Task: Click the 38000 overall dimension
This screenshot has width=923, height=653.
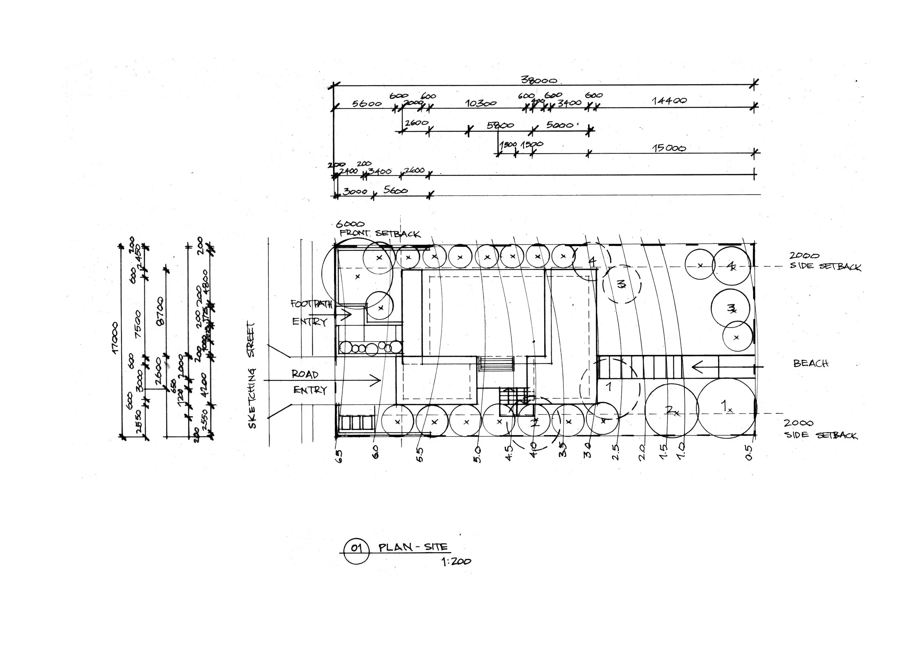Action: (538, 80)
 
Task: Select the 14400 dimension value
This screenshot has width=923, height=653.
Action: (669, 100)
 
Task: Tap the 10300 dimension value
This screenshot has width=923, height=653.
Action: (480, 103)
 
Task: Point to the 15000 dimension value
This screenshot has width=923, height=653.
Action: (669, 148)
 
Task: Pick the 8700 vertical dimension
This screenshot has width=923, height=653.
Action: (160, 311)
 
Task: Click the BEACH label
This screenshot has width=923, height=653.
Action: (810, 363)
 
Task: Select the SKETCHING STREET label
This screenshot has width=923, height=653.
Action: (252, 375)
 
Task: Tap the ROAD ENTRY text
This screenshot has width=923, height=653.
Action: (308, 382)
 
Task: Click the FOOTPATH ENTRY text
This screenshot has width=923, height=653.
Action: (310, 313)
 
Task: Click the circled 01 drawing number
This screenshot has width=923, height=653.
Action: (356, 548)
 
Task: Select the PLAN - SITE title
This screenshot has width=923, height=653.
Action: (413, 547)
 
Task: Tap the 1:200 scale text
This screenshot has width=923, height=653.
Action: (456, 561)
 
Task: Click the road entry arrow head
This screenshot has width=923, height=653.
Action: (377, 380)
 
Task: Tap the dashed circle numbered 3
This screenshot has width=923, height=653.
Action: (621, 284)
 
